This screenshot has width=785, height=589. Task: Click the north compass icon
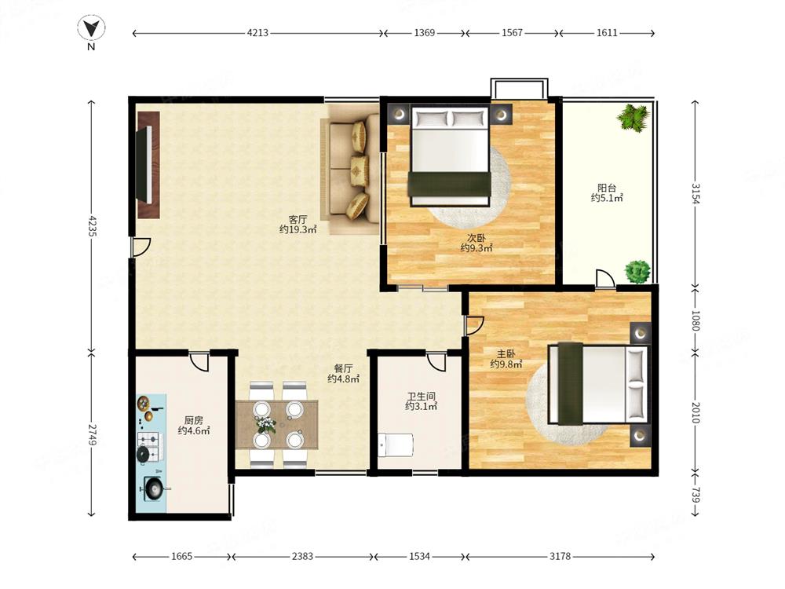(91, 28)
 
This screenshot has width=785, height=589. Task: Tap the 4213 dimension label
(257, 33)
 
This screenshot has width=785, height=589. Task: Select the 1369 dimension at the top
(425, 33)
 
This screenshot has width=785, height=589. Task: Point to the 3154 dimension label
(696, 194)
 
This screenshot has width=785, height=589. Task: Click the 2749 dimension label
(92, 435)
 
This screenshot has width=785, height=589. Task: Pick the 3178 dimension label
(560, 556)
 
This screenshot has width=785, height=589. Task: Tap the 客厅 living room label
(298, 219)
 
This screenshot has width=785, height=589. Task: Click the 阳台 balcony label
(607, 188)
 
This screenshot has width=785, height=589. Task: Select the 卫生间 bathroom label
(421, 396)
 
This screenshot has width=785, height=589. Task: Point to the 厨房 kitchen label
(193, 420)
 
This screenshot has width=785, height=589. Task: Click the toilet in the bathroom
(396, 445)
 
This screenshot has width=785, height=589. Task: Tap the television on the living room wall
(144, 164)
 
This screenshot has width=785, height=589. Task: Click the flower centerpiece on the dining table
(266, 426)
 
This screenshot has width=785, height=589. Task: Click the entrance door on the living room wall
(141, 247)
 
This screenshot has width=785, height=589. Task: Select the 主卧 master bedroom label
(506, 354)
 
